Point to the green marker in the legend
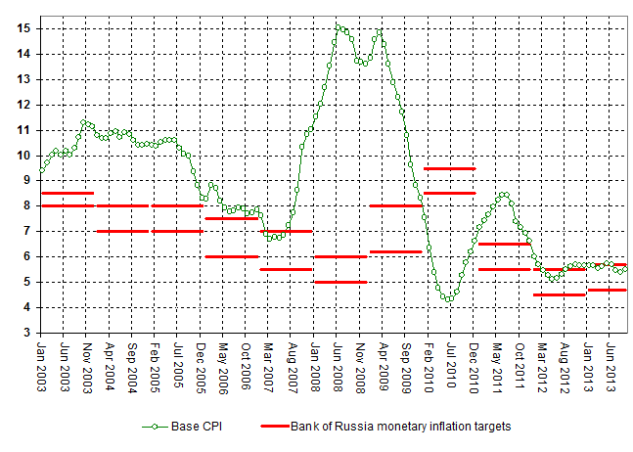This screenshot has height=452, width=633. coord(153,427)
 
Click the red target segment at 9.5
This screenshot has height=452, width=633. coord(449,168)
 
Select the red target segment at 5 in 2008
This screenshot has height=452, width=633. coord(340,282)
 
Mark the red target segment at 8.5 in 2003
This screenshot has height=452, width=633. coord(67,193)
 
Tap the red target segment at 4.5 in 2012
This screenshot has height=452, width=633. coord(559,294)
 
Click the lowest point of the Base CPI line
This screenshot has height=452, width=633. coord(448,299)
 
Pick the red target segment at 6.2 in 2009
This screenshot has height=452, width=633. coord(395,251)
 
